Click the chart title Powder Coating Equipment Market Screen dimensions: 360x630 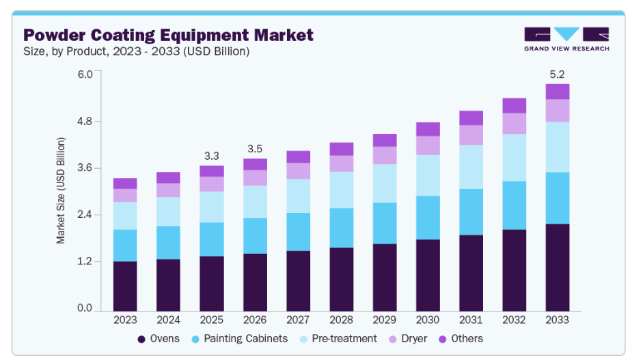pyautogui.click(x=168, y=35)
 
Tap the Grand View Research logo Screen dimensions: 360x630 pyautogui.click(x=566, y=39)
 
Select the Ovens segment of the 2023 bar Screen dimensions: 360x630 pyautogui.click(x=125, y=286)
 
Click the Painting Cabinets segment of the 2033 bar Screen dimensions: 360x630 pyautogui.click(x=558, y=198)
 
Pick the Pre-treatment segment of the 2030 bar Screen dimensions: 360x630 pyautogui.click(x=428, y=176)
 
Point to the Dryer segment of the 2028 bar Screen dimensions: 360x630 pyautogui.click(x=341, y=163)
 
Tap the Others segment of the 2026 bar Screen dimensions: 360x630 pyautogui.click(x=255, y=164)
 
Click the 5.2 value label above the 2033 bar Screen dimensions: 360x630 pyautogui.click(x=558, y=74)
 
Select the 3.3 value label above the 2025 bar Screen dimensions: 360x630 pyautogui.click(x=212, y=155)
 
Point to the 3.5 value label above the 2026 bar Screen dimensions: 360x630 pyautogui.click(x=255, y=148)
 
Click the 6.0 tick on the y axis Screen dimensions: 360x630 pyautogui.click(x=85, y=74)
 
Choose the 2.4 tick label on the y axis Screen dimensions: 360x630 pyautogui.click(x=85, y=215)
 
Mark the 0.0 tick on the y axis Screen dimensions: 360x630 pyautogui.click(x=85, y=309)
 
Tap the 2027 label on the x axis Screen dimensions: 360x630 pyautogui.click(x=298, y=319)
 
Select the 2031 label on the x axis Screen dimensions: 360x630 pyautogui.click(x=471, y=319)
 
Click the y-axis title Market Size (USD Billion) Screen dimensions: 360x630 pyautogui.click(x=61, y=191)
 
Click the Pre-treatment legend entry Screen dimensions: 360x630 pyautogui.click(x=343, y=339)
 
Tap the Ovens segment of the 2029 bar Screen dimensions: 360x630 pyautogui.click(x=385, y=277)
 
